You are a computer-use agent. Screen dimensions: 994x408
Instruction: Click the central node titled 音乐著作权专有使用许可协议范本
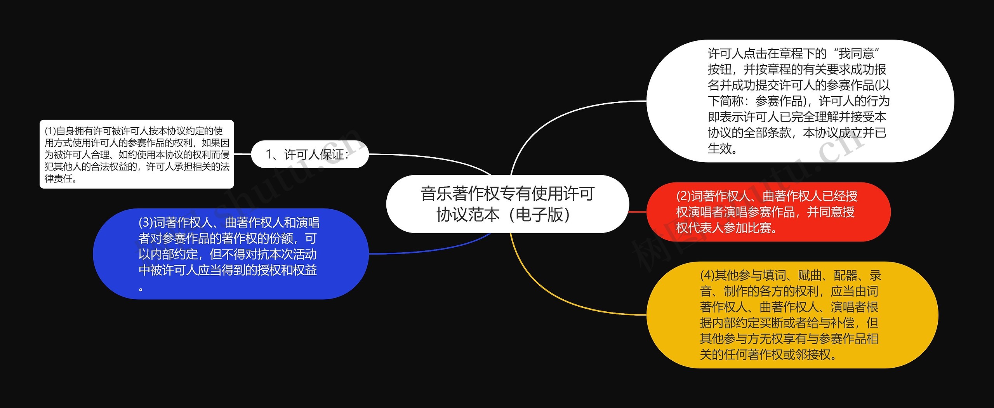point(507,204)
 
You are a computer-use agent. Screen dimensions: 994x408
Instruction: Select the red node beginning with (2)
point(768,212)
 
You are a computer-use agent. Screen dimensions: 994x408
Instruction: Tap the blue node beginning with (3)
point(231,254)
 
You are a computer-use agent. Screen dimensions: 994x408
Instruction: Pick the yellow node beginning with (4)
point(792,315)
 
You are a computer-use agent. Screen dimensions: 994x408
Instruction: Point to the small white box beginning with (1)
point(137,155)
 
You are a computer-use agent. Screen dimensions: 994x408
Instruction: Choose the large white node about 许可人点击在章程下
point(800,101)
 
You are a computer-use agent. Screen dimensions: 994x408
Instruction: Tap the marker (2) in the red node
point(683,196)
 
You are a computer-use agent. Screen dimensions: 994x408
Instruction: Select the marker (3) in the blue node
point(146,223)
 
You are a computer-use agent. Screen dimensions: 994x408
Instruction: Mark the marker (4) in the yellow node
point(707,276)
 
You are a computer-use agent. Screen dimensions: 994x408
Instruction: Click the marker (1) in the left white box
point(50,131)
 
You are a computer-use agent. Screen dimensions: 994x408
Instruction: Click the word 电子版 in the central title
point(540,215)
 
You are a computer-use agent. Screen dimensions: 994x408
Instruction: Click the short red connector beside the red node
point(638,212)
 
